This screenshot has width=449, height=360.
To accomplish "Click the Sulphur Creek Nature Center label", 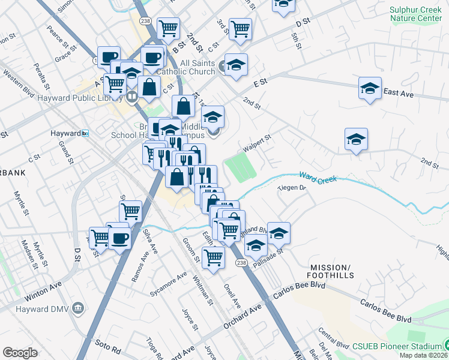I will point(415,14).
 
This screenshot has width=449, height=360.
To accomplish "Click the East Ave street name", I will point(399,92).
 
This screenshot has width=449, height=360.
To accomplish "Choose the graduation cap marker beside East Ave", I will point(370,89).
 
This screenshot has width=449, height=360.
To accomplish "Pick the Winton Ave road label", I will point(43,292).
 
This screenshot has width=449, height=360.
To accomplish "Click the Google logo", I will point(20,352).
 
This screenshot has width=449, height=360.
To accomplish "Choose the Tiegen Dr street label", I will point(292,188).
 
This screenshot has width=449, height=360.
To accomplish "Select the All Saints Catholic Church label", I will point(197,67).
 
